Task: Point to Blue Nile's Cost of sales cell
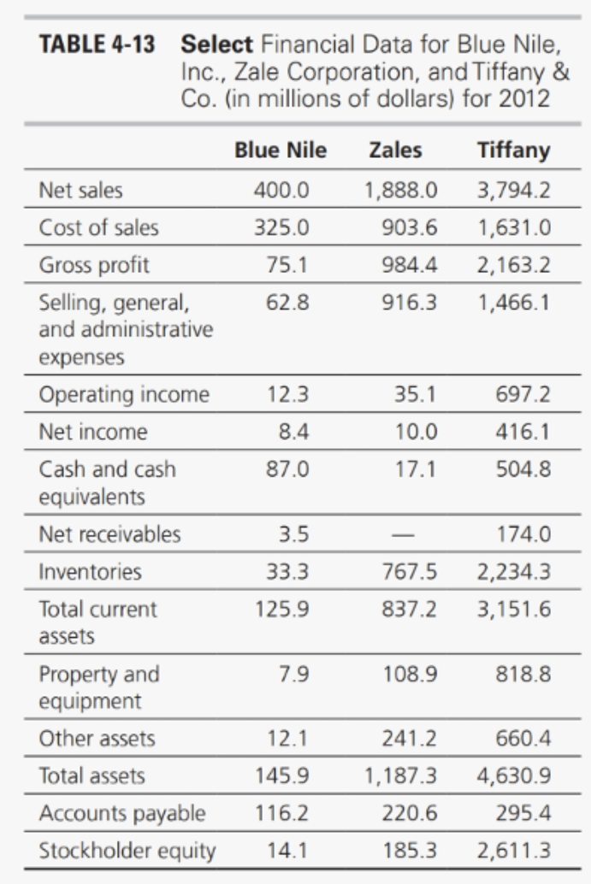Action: click(281, 228)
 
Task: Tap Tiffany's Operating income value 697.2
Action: click(524, 396)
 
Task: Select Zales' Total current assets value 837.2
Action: click(414, 610)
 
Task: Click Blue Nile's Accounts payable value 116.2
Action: click(281, 814)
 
